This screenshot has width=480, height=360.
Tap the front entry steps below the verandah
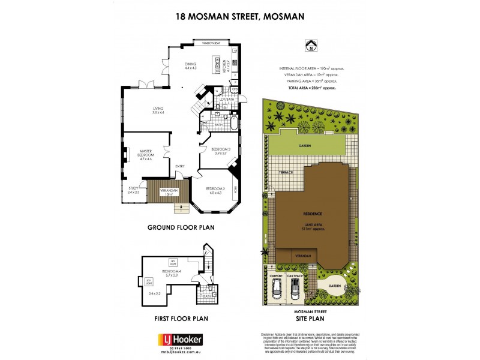pos(179,208)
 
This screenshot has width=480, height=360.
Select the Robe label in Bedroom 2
pos(236,188)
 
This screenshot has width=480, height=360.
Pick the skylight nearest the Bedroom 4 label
pos(173,262)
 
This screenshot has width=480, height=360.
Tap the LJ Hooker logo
pos(180,340)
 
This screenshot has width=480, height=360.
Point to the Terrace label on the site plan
pos(286,173)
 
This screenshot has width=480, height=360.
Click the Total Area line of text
pos(311,88)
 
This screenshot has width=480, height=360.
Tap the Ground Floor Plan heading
pos(181,227)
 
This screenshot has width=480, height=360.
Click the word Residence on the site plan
pos(312,214)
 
